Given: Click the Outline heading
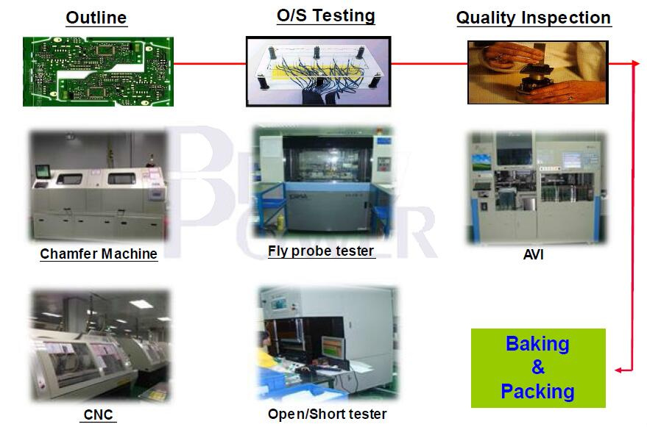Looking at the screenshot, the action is (96, 18).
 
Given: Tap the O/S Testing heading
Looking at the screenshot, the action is (326, 15).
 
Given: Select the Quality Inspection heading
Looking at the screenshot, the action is (534, 18).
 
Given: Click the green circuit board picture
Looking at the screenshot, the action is (98, 72).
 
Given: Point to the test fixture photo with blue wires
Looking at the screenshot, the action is (318, 72).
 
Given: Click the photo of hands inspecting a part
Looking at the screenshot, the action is (537, 72).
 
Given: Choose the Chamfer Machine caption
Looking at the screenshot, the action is (99, 254).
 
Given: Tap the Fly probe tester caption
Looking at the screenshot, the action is (321, 251).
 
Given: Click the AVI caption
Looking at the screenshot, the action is (533, 255).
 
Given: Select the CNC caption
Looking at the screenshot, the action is (98, 415).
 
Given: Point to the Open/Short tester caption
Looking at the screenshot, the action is (328, 414).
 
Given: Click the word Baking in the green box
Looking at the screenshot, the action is (537, 344).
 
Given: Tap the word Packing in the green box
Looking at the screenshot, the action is (537, 391).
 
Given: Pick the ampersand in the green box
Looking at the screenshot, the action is (537, 367).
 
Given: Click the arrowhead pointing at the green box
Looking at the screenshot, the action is (618, 370).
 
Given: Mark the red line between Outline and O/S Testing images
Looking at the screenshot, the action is (210, 63).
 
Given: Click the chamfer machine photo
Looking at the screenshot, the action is (99, 185).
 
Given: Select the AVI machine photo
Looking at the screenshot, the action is (537, 187).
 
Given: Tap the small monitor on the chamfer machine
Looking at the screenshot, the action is (43, 171).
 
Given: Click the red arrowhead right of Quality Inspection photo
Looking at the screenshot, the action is (635, 63).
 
